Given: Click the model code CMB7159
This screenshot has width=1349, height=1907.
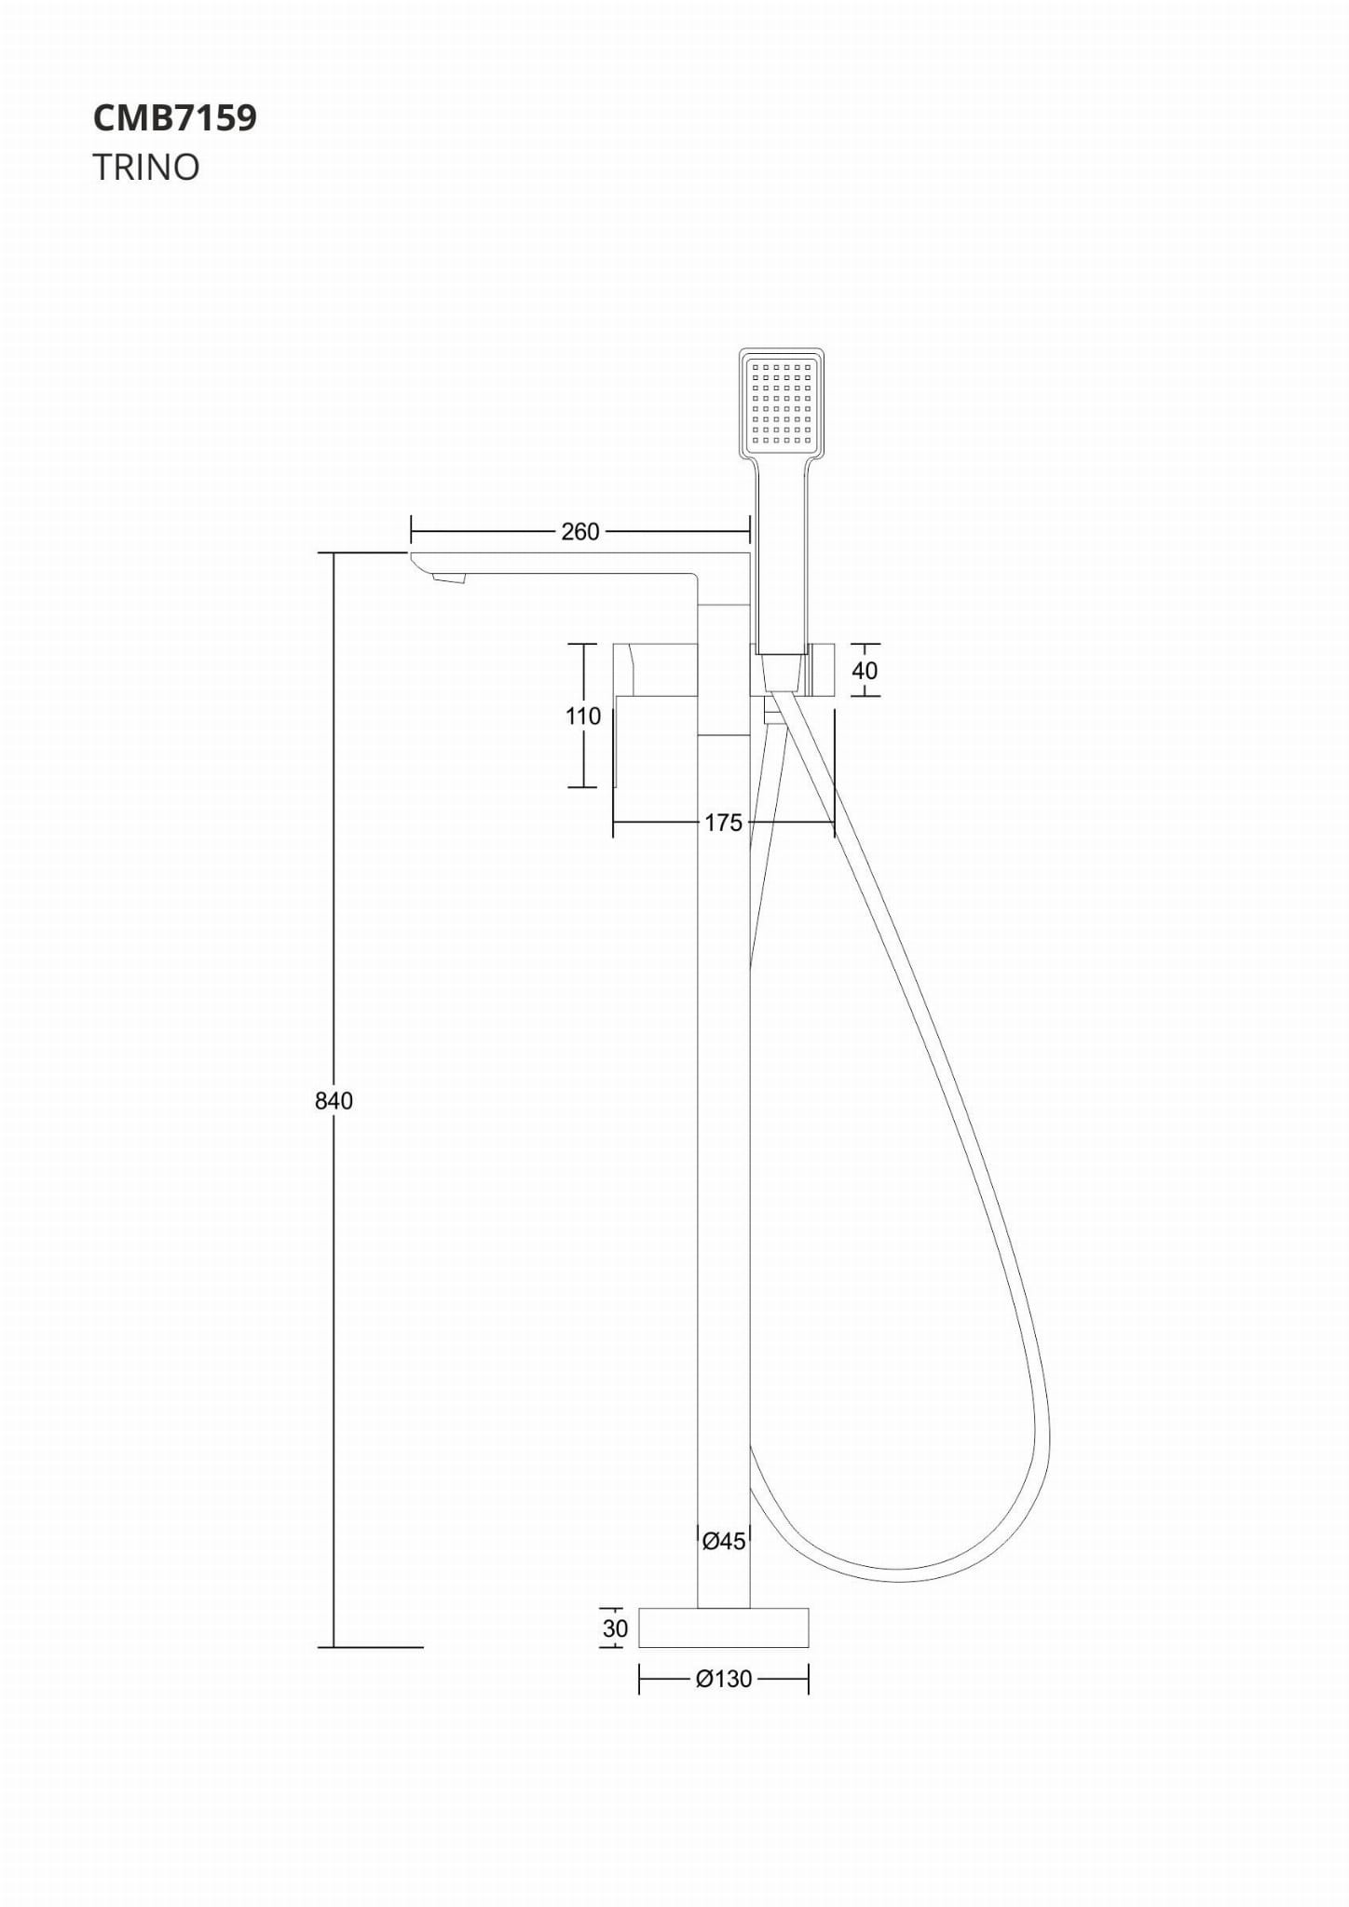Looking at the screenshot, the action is [x=175, y=118].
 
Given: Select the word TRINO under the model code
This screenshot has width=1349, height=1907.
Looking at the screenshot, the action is [x=146, y=168].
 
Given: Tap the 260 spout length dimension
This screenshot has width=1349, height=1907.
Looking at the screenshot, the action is [x=580, y=531].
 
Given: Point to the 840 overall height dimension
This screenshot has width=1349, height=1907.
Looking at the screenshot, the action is [x=334, y=1100].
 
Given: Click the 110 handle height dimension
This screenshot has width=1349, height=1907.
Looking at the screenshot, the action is [x=583, y=715].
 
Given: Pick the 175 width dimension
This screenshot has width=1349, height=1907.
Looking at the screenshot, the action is [x=723, y=823].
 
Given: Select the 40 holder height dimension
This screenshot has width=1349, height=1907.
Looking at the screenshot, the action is [x=865, y=670].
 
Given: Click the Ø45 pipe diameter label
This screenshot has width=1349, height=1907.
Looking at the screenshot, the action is [x=724, y=1541].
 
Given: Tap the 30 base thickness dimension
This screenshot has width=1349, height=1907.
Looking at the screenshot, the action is [x=615, y=1628].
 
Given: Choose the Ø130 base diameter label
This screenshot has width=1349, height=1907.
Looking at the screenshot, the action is [x=724, y=1678].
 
